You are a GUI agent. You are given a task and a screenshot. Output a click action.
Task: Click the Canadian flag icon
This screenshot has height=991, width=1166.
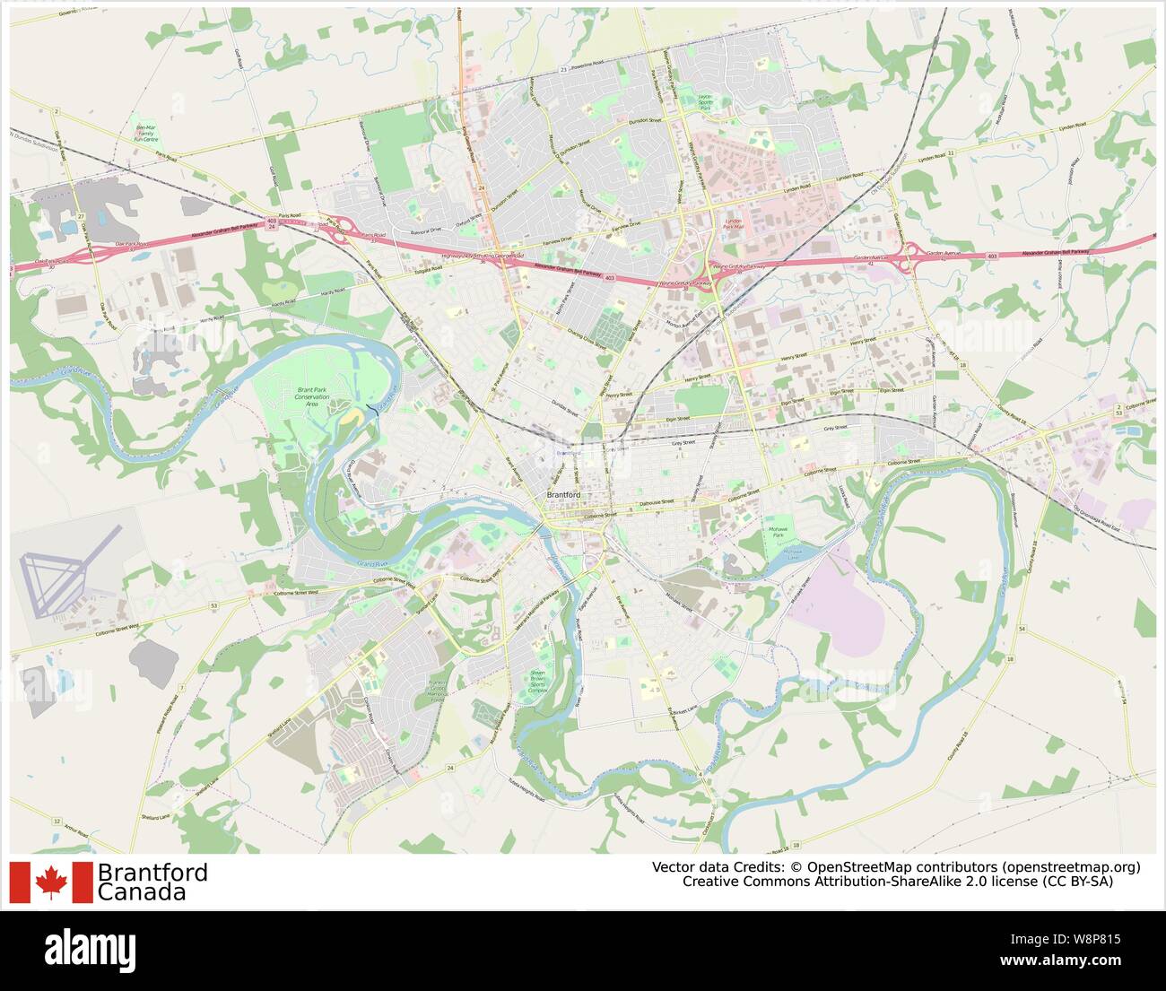pos(51,882)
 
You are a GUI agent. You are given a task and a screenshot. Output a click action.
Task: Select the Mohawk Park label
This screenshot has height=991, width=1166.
pos(779,533)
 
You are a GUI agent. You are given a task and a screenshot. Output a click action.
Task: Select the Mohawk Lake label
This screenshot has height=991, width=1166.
pos(786,553)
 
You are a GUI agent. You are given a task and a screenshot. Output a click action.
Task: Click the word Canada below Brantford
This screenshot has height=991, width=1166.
pos(142,892)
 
